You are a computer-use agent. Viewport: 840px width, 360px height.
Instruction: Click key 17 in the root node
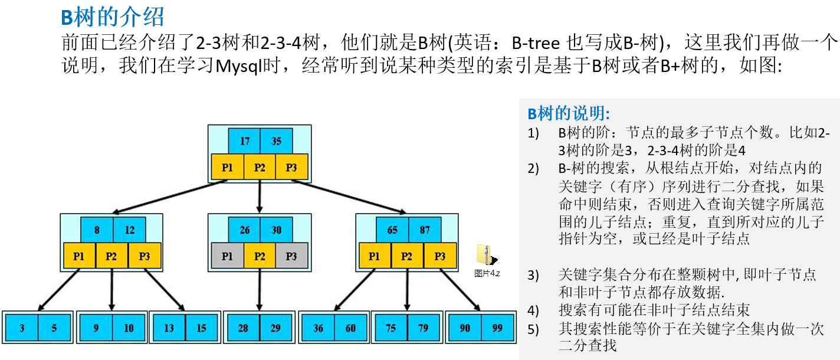click(245, 142)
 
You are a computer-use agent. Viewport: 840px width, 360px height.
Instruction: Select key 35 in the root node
click(276, 142)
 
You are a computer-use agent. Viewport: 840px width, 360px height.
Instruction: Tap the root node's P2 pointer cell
click(260, 168)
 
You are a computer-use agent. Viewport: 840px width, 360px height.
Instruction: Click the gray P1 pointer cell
click(227, 256)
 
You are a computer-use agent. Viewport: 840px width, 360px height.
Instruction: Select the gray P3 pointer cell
click(291, 256)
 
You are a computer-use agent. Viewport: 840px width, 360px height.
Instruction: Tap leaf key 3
click(22, 328)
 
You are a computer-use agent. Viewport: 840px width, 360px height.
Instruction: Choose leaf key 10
click(129, 328)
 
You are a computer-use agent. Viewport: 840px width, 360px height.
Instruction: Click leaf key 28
click(242, 328)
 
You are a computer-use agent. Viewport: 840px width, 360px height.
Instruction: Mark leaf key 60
click(351, 328)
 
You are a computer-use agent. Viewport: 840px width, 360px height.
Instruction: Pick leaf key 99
click(497, 328)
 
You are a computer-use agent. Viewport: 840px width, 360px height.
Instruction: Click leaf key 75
click(391, 328)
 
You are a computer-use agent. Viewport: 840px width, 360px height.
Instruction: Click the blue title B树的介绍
click(112, 18)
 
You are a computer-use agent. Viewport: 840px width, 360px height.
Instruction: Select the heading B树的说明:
click(569, 113)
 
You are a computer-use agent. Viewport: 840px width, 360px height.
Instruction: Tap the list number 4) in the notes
click(533, 310)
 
